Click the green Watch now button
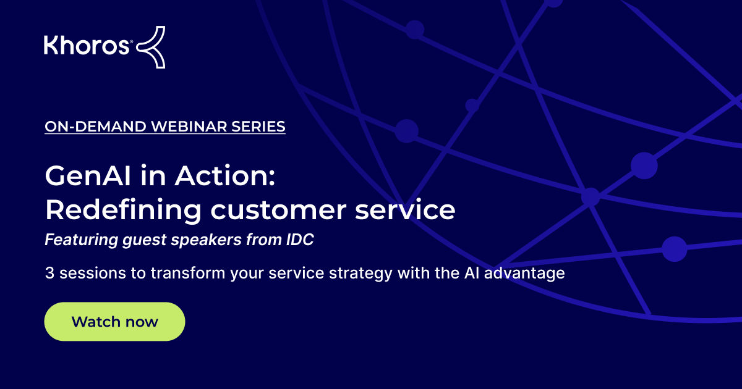[114, 322]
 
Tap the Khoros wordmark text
[86, 46]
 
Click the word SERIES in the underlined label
[258, 127]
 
